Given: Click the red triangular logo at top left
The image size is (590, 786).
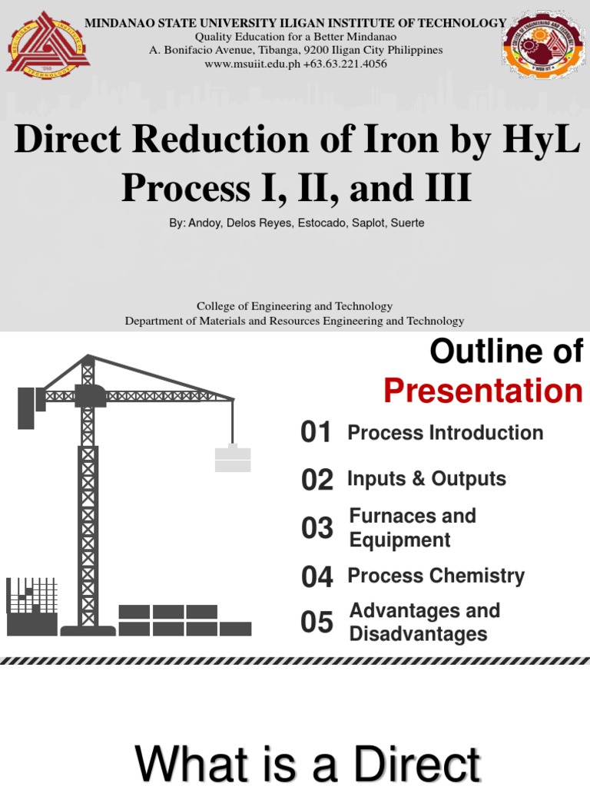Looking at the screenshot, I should [48, 44].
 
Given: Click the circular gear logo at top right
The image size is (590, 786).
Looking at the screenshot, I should [542, 45].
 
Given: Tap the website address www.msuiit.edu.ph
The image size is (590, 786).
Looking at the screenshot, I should [252, 64].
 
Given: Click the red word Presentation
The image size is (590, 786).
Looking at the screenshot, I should [483, 391].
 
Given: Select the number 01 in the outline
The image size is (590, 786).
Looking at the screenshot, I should [317, 433].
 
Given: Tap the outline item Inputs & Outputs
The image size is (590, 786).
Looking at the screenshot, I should [426, 479].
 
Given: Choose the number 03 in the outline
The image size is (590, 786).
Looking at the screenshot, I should [317, 528].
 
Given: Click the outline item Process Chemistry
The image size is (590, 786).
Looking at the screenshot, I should [436, 576].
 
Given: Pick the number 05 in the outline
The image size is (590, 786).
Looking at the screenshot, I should [317, 623].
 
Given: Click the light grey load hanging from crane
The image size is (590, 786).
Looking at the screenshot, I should [233, 459].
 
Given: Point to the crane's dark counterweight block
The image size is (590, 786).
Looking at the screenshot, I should [26, 407].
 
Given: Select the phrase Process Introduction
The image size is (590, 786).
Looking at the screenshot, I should [445, 433].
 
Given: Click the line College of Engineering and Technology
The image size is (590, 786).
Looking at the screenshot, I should [294, 306].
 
